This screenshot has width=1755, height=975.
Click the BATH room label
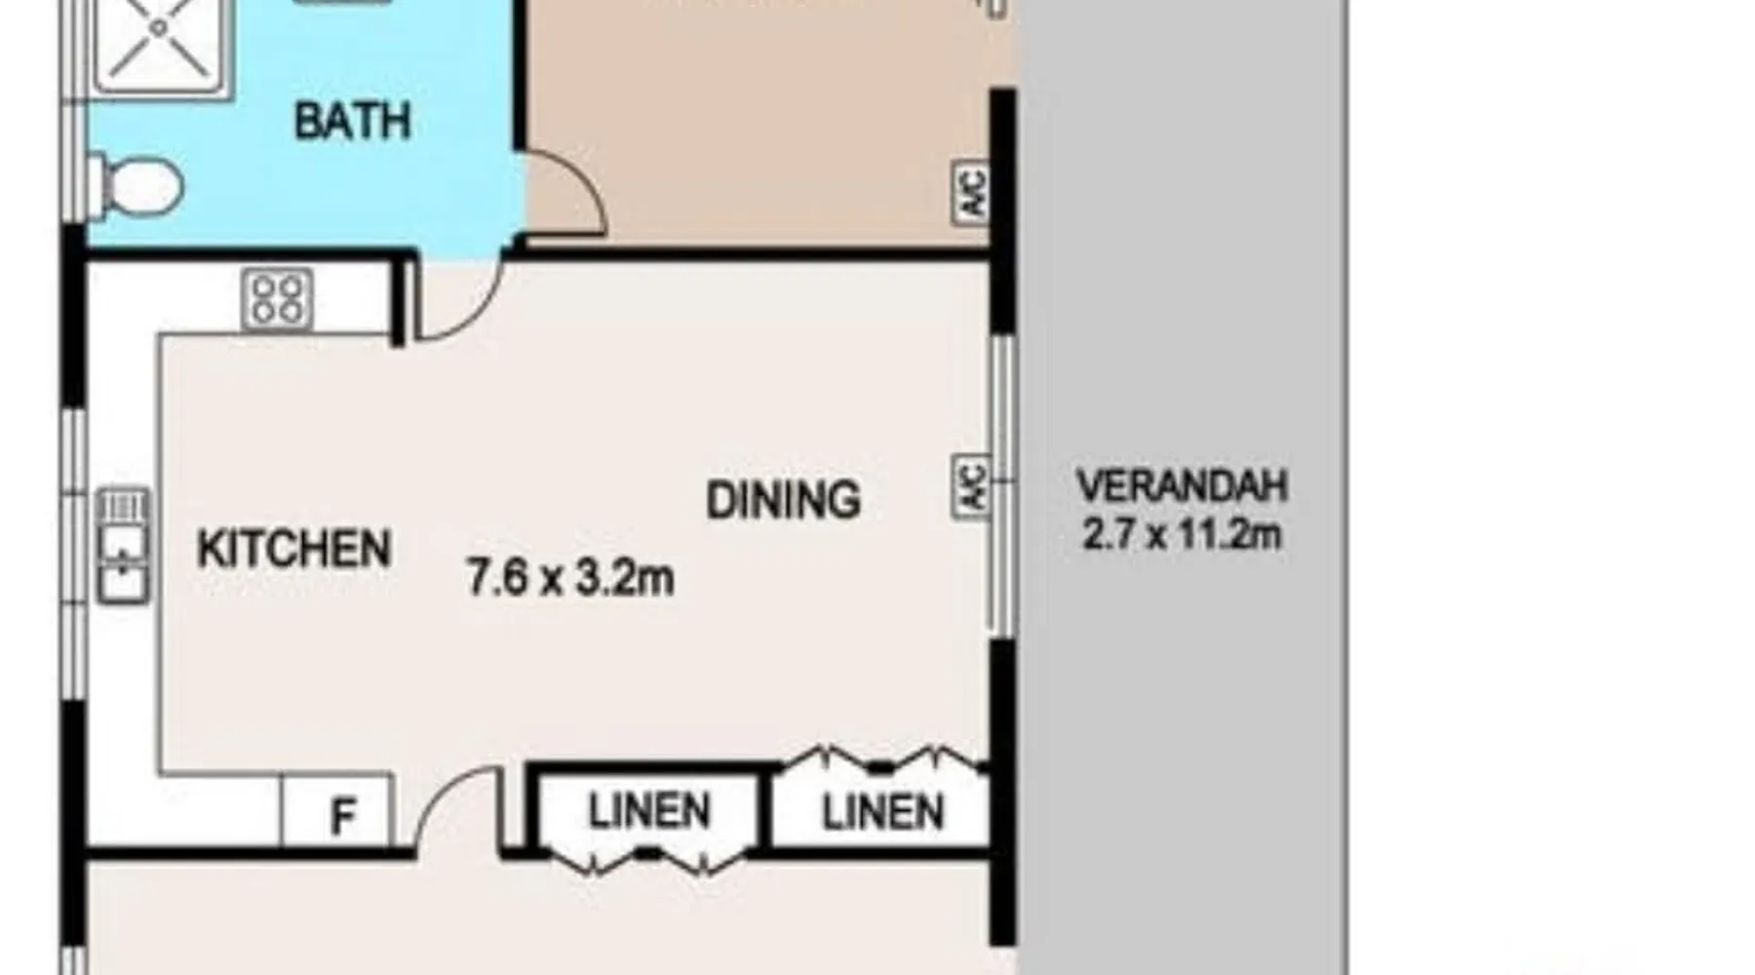(x=352, y=121)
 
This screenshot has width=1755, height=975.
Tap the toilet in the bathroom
(x=136, y=184)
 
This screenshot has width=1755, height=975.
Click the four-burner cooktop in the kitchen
(x=278, y=297)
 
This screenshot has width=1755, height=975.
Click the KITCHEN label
(x=294, y=549)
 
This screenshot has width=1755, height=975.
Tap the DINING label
(x=783, y=500)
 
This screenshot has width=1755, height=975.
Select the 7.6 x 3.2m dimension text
(x=570, y=577)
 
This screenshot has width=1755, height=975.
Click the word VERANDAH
(x=1182, y=486)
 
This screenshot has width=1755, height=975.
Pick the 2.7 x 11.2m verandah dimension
(x=1182, y=534)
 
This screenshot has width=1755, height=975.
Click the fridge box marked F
(x=337, y=810)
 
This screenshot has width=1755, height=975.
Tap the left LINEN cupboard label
(x=648, y=811)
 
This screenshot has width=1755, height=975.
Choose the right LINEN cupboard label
(x=883, y=812)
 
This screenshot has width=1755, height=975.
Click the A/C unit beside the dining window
(x=971, y=486)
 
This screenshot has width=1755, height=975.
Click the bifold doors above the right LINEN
(x=882, y=759)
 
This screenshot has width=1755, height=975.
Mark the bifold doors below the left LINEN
(x=648, y=860)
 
